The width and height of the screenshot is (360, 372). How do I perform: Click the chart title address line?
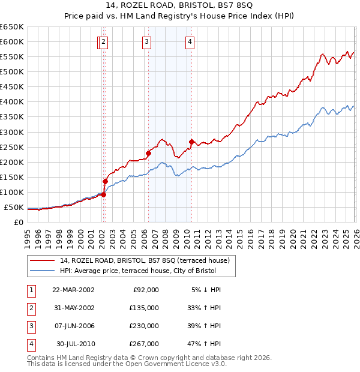coord(180,5)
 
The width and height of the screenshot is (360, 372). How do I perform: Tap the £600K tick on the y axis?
coord(12,42)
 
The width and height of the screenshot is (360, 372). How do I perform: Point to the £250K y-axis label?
coord(12,148)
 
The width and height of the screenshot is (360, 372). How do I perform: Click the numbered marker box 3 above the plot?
coord(147,42)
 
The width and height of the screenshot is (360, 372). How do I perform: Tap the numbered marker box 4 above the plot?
coord(190,42)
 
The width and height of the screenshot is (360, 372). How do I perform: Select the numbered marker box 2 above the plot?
coord(104,42)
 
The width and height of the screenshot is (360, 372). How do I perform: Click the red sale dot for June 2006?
coord(148,153)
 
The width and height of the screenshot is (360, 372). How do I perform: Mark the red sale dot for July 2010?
coord(191,142)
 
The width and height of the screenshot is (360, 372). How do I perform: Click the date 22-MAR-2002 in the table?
coord(73,290)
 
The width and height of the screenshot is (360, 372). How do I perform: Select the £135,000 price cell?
coord(145,308)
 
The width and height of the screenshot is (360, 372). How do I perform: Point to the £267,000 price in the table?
coord(145,344)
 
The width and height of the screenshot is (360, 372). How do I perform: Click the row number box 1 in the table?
coord(31,290)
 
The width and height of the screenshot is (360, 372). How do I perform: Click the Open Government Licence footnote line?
coord(127,364)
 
